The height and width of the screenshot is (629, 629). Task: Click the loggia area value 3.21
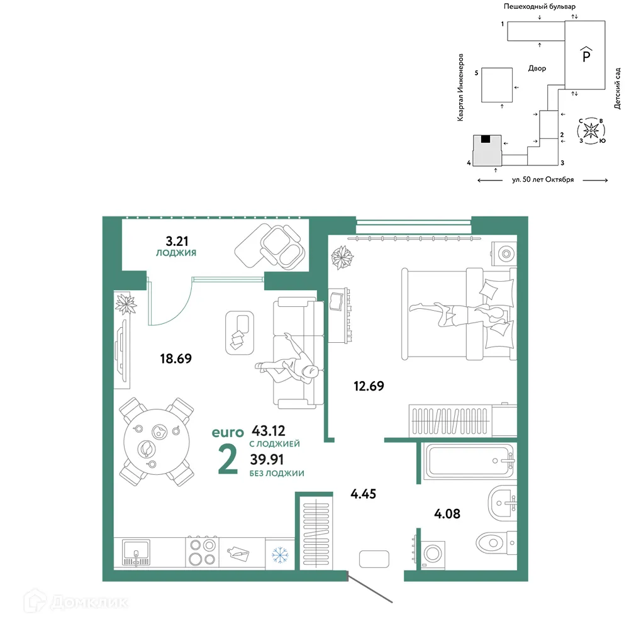tap(177, 241)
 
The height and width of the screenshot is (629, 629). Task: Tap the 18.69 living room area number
tap(175, 359)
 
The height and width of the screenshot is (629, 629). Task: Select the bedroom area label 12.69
tap(369, 386)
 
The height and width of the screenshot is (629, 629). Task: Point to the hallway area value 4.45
tap(363, 494)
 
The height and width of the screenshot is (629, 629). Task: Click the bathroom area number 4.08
tap(447, 513)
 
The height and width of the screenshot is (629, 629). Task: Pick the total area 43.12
tap(269, 430)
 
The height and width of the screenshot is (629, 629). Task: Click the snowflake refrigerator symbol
tap(280, 555)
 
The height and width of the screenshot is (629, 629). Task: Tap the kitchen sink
tap(136, 552)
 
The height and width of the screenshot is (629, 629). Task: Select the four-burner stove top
tap(202, 552)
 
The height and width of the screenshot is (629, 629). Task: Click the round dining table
tap(156, 442)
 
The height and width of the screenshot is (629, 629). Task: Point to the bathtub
tap(469, 460)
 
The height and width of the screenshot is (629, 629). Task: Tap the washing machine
tap(433, 554)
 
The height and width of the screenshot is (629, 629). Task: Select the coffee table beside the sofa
tap(240, 333)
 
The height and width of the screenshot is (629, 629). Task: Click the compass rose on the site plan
tap(591, 130)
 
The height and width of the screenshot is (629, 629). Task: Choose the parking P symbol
tap(586, 54)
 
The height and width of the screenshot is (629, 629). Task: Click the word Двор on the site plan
tap(537, 68)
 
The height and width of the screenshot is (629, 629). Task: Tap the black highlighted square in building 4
tap(486, 139)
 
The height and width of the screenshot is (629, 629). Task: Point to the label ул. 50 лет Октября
tap(543, 180)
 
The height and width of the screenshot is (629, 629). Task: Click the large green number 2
tap(228, 460)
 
